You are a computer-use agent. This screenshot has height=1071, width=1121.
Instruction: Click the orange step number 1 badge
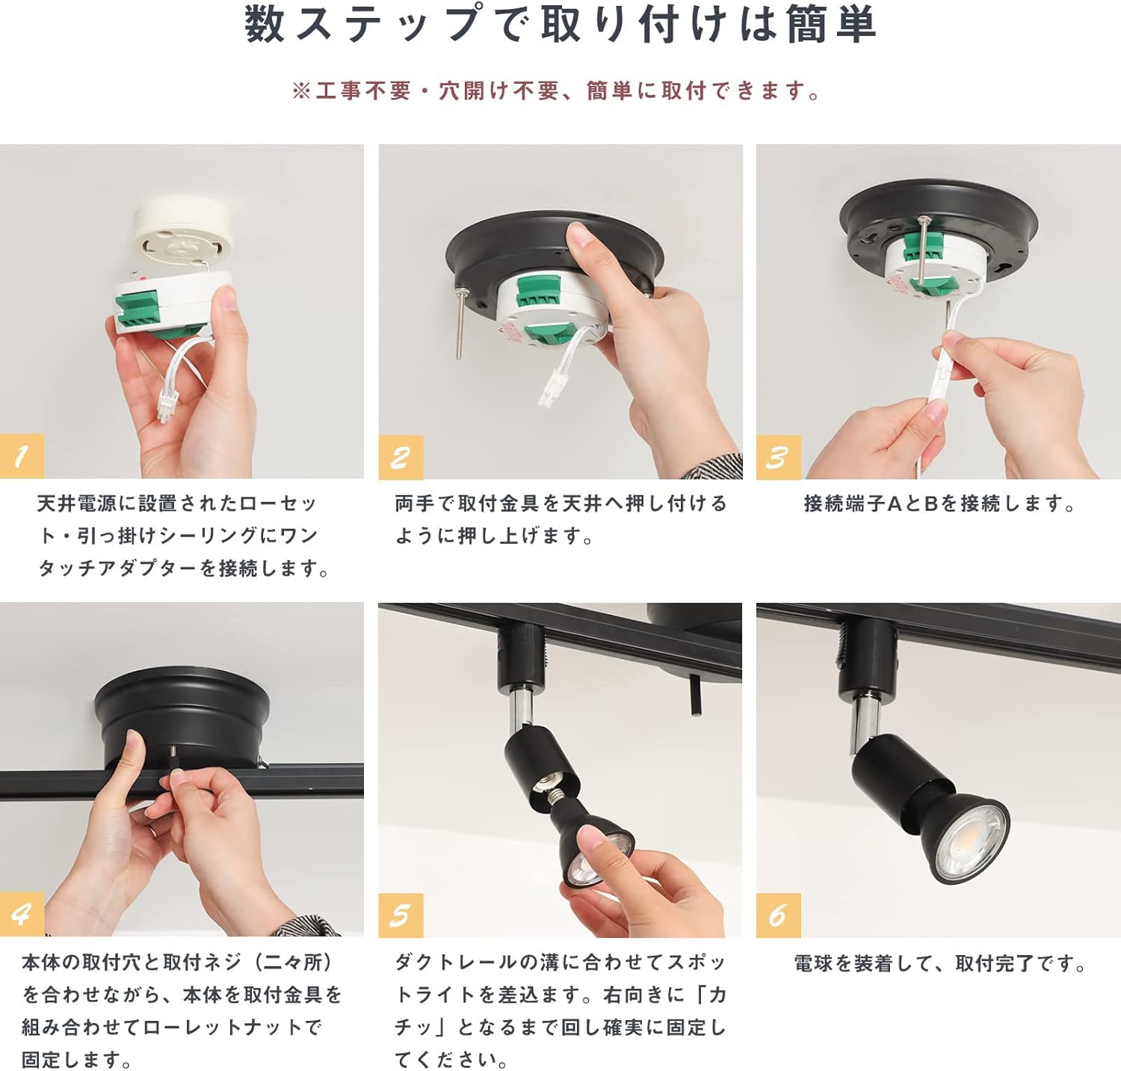22,455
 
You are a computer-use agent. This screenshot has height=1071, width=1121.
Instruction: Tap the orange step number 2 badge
401,456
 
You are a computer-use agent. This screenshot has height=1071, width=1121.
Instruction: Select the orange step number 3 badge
778,456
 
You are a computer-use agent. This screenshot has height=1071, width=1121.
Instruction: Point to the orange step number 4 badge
22,914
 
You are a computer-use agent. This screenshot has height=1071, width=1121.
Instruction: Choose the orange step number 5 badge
401,915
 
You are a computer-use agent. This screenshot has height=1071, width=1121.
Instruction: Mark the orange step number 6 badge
778,915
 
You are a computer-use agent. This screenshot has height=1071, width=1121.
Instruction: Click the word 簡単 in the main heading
831,24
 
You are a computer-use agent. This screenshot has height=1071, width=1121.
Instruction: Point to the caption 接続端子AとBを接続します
940,504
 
